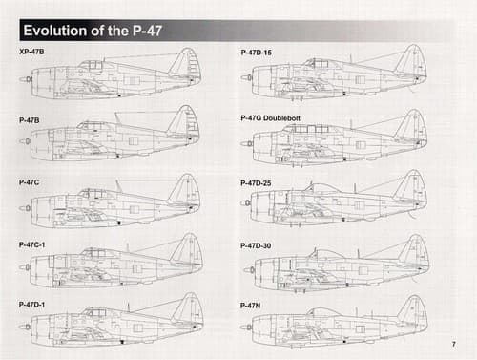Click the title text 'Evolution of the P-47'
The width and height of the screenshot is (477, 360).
[93, 31]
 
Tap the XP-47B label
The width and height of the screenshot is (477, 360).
[31, 52]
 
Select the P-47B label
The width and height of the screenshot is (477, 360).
[30, 120]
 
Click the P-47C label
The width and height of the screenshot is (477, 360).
[29, 182]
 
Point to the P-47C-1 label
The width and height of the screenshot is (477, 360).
[31, 244]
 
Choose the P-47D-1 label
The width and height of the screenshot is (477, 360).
[31, 305]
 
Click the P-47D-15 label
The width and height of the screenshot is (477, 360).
[257, 53]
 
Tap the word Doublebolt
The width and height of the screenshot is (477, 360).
[281, 118]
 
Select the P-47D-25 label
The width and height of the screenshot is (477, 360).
[256, 183]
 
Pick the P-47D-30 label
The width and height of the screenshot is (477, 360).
[256, 245]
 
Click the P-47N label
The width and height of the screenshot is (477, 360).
[250, 306]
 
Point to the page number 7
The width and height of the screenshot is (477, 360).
[454, 344]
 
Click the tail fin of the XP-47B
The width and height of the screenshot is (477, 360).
[187, 63]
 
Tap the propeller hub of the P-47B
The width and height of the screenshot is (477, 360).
[26, 141]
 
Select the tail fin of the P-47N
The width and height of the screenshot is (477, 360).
[414, 309]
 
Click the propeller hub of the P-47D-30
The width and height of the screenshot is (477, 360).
[250, 270]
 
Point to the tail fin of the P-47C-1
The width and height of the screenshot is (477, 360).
[189, 249]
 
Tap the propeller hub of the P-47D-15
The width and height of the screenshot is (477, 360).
[247, 77]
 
